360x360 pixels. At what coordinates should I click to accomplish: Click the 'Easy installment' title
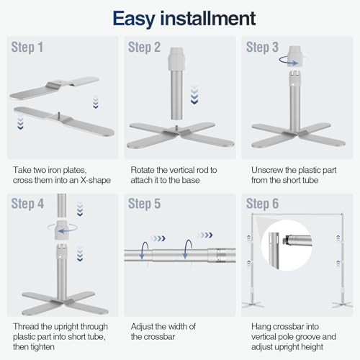[184, 19]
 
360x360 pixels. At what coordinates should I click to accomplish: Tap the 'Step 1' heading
[27, 47]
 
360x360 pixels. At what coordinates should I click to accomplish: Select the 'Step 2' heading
[144, 47]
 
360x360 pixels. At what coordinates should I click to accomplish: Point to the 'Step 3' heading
[262, 47]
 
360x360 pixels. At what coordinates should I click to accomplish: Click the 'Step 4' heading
[27, 204]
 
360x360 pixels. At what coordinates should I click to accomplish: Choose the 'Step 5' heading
[144, 204]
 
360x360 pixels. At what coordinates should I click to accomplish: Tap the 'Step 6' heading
[262, 204]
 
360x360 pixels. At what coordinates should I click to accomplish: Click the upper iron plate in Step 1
[54, 88]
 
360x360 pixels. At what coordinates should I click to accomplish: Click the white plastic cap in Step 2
[176, 58]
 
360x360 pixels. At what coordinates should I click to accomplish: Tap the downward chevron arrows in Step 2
[194, 95]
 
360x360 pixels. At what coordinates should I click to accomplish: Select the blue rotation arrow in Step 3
[289, 60]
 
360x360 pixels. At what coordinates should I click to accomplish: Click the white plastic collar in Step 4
[62, 230]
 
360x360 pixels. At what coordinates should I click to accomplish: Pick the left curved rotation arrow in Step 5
[144, 251]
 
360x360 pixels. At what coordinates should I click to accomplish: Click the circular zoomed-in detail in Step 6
[287, 246]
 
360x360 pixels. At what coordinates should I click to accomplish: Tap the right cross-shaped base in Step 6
[343, 305]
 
